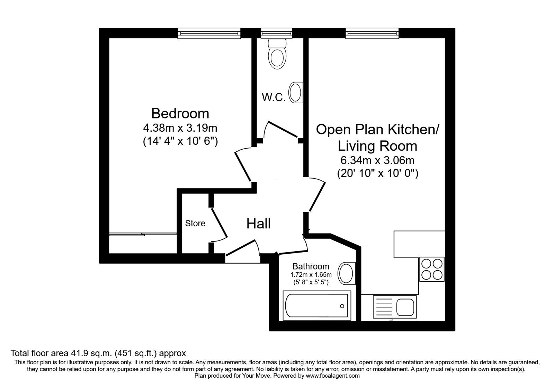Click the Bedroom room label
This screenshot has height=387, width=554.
tap(180, 114)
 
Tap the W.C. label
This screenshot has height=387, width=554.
tap(274, 97)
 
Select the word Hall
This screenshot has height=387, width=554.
tap(258, 224)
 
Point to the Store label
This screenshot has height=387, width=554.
tap(195, 223)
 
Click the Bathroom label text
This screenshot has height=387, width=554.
tap(311, 266)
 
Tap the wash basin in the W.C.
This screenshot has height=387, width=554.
tap(296, 93)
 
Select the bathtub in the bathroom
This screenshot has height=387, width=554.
tap(317, 305)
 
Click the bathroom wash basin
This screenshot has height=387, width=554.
tap(347, 273)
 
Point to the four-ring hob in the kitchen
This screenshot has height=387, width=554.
tap(432, 269)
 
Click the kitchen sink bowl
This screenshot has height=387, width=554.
tap(405, 307)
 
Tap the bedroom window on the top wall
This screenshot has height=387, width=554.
tap(209, 33)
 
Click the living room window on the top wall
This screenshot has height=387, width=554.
tap(372, 33)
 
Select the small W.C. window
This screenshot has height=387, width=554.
tap(277, 33)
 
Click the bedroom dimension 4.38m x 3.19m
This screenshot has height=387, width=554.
tap(180, 128)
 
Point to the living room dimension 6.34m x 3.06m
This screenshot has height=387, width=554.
tap(377, 160)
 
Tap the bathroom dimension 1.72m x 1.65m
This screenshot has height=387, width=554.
tap(311, 274)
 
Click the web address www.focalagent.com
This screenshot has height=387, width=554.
tap(333, 376)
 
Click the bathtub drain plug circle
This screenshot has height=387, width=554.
tap(342, 306)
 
